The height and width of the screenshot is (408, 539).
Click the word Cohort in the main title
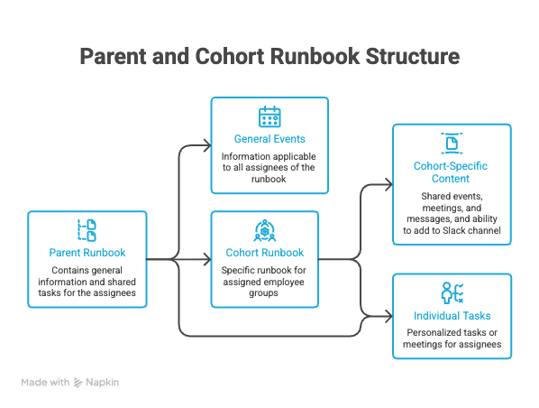[x=230, y=56]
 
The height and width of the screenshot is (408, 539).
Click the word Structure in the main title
[x=413, y=56]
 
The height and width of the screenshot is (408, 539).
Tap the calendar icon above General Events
[x=269, y=116]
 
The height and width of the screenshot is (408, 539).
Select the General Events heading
[x=269, y=139]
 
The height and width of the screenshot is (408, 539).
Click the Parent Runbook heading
[x=87, y=253]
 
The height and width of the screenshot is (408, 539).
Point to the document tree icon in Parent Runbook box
[x=87, y=230]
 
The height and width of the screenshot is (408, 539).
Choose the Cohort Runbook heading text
[x=265, y=253]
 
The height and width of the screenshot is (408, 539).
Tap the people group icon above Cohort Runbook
[x=265, y=230]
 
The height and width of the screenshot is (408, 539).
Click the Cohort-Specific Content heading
[x=451, y=172]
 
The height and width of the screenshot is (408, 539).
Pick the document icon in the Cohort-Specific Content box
[x=452, y=144]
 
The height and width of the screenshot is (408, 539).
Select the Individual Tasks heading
[x=452, y=316]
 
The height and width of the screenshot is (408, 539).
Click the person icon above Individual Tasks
[x=452, y=293]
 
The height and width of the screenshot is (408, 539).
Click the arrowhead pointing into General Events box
[x=207, y=145]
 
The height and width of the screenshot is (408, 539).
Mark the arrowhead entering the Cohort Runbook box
[x=207, y=259]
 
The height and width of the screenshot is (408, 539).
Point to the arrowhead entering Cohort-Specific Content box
[x=388, y=185]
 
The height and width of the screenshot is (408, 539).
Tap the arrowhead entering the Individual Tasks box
[x=388, y=317]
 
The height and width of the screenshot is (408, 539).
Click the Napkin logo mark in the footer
[x=78, y=383]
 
